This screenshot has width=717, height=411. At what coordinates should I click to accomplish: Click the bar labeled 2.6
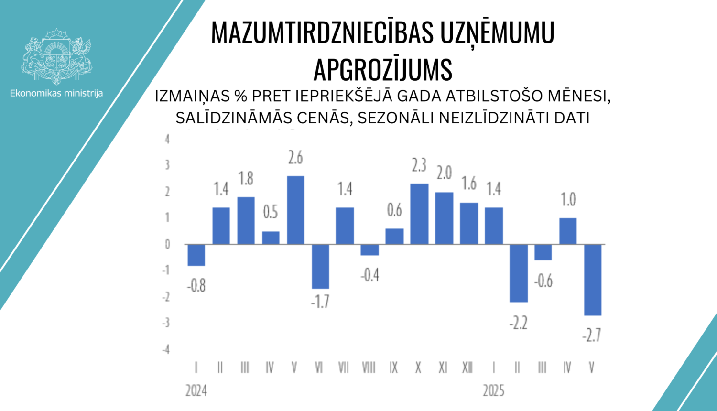click(x=295, y=210)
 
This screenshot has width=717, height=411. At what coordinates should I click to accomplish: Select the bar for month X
click(x=419, y=214)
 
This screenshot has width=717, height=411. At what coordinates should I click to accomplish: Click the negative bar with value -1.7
click(x=320, y=266)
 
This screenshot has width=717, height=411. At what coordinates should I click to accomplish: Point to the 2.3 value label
click(x=419, y=165)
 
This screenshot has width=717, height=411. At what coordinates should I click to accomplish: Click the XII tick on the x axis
click(x=467, y=368)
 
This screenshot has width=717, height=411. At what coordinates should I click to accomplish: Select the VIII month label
click(x=369, y=368)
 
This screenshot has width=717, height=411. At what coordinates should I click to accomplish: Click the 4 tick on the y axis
click(x=167, y=139)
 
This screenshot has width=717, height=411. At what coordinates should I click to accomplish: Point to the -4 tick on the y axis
click(x=166, y=349)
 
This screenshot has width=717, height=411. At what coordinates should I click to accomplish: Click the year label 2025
click(x=493, y=390)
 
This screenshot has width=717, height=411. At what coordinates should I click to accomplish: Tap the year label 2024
click(x=196, y=390)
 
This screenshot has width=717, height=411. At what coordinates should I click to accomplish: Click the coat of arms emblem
click(x=56, y=56)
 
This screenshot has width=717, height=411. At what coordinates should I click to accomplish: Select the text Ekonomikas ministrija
click(x=56, y=93)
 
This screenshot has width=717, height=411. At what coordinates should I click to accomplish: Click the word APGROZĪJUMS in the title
click(x=383, y=70)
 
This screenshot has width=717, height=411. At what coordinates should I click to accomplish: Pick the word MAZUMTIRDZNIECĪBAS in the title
click(x=322, y=33)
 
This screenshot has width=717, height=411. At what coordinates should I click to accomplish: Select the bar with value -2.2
click(x=519, y=273)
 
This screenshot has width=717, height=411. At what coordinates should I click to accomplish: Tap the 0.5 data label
click(x=271, y=212)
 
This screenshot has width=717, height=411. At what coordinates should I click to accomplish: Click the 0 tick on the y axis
click(x=167, y=244)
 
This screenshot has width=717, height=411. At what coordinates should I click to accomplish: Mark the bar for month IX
click(x=394, y=237)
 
